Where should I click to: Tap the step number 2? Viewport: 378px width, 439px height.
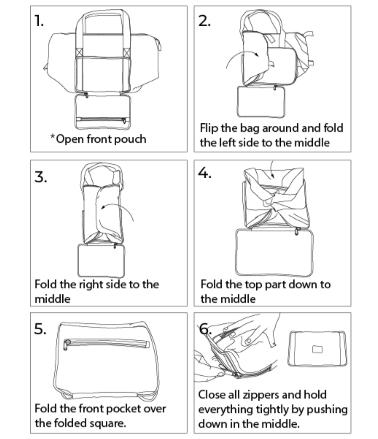click(204, 21)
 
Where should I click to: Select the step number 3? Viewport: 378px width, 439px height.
click(40, 177)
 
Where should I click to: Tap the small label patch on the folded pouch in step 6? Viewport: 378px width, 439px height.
click(317, 349)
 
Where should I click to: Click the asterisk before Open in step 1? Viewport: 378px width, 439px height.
click(52, 136)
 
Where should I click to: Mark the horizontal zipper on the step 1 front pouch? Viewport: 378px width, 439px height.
click(101, 120)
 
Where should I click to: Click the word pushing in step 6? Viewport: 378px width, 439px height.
click(327, 410)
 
